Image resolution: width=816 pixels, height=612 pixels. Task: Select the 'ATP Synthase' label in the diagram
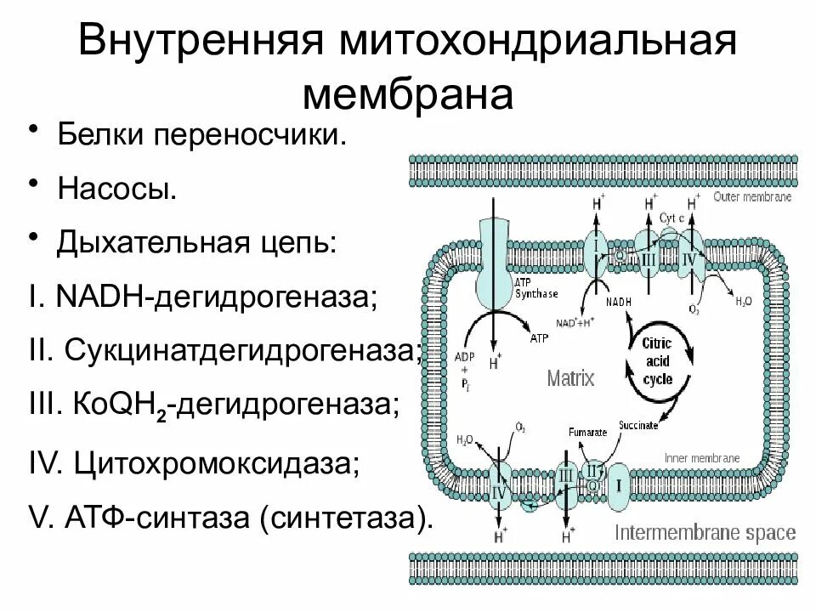point(535,288)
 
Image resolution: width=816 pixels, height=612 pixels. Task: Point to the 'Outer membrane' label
point(752,196)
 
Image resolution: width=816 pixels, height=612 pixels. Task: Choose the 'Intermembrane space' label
point(705,534)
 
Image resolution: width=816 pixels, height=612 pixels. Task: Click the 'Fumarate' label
point(590,432)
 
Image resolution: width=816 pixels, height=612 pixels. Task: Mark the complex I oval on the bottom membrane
point(619,486)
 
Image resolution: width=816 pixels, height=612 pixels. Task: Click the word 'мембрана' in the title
point(407,94)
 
